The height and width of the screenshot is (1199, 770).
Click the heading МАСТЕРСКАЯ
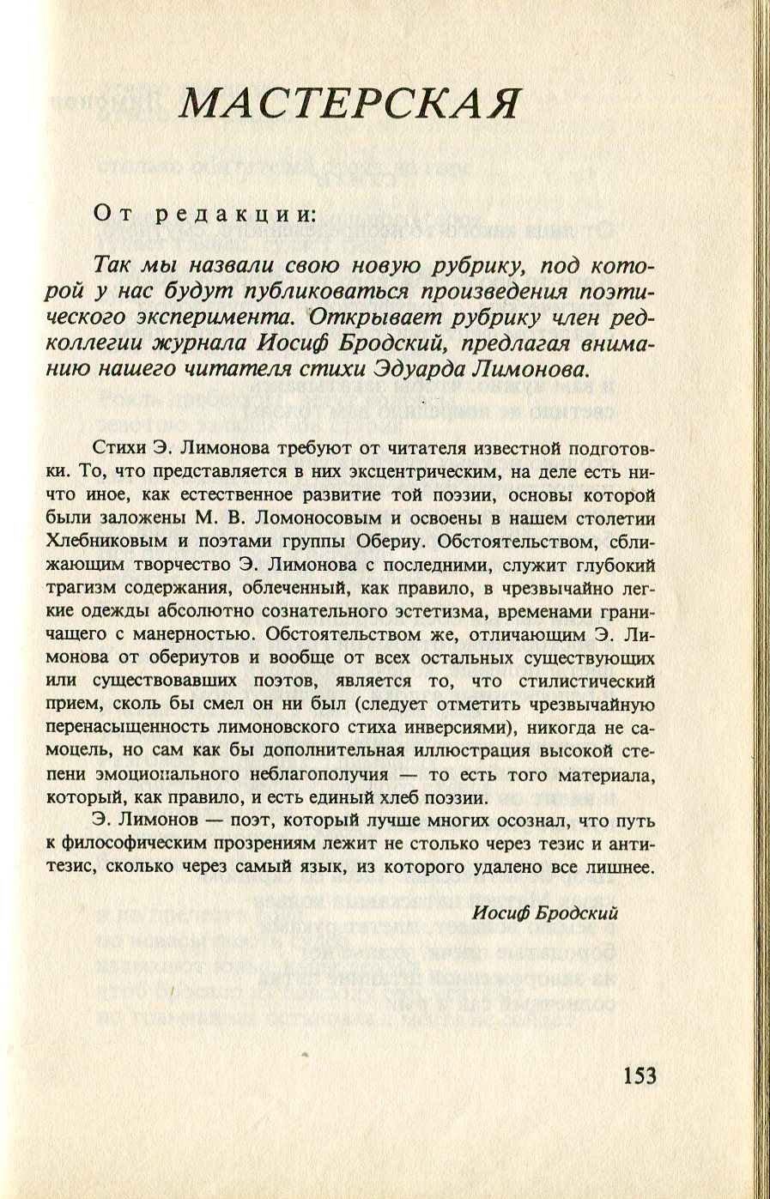click(349, 103)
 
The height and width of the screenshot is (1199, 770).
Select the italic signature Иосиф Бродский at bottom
click(545, 913)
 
